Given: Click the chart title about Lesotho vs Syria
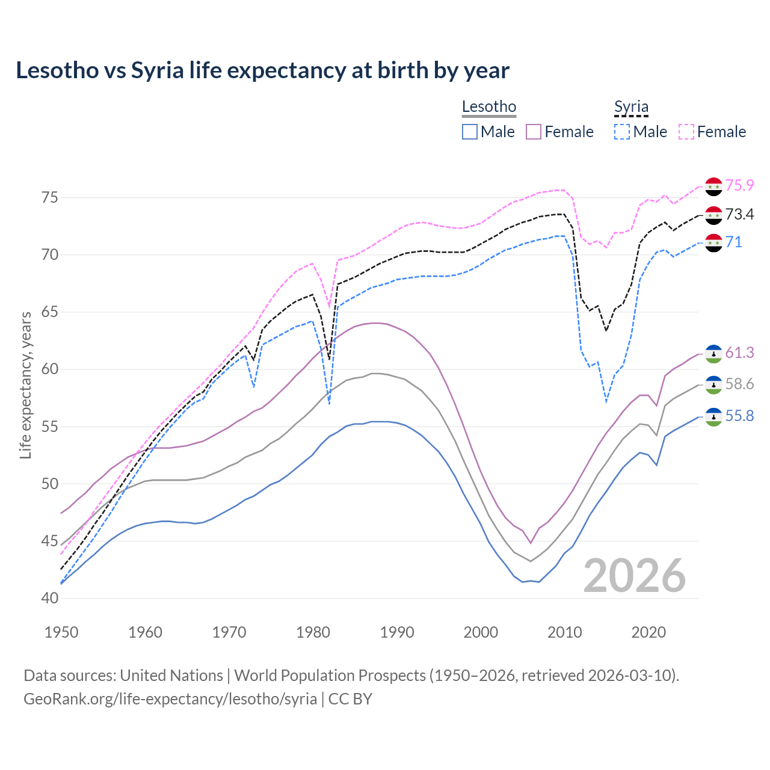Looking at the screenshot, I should pos(262,70).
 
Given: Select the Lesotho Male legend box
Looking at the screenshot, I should pos(470,132).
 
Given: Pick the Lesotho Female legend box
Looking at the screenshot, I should pos(534,132).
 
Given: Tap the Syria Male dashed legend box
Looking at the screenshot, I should pos(622,132).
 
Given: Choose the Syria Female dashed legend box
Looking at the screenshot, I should pos(686,132).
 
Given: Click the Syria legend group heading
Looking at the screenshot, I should pos(631,107).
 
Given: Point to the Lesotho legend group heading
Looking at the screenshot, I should pos(488,107).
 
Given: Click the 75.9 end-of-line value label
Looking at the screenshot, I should pos(739,185).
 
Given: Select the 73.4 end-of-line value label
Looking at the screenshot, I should pos(739,214).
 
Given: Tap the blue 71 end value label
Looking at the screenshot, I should pos(733,242).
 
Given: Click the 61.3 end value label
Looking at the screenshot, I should pos(739,353).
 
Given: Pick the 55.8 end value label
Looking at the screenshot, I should pos(739,416).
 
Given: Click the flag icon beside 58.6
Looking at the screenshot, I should pos(713,385).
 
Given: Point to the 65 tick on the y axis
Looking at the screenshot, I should pos(50,312).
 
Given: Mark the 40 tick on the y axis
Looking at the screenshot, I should pos(50,599).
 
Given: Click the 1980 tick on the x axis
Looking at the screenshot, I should pos(313,632).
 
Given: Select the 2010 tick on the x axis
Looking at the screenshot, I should pos(564,632).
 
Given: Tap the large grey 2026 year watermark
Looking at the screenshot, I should pos(635,576).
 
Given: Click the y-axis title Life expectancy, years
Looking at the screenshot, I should pos(26,385).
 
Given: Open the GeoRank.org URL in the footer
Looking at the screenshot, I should pos(170,699).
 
